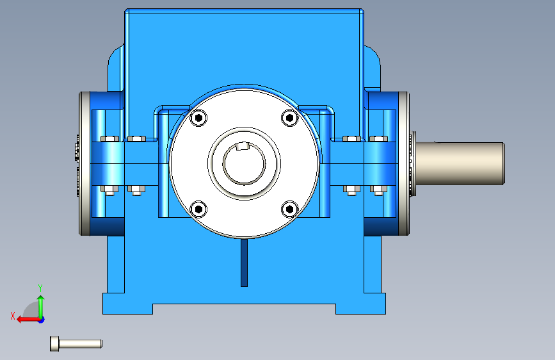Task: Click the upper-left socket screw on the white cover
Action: (x=198, y=118)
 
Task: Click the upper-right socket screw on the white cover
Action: (x=290, y=118)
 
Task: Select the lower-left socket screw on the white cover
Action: (x=198, y=209)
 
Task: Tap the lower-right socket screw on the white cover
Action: (x=290, y=209)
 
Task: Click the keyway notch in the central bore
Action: (x=243, y=145)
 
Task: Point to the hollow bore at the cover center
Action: (x=244, y=163)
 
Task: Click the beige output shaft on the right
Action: (x=460, y=163)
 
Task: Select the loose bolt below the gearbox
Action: (x=76, y=344)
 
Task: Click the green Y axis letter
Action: (x=40, y=288)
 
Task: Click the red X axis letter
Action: (x=13, y=316)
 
